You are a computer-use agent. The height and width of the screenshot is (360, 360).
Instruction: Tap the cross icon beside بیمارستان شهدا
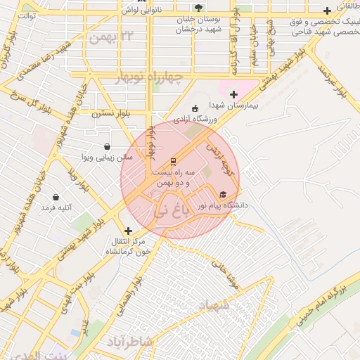tap(234, 94)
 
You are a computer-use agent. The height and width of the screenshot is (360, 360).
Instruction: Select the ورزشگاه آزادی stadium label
tap(195, 119)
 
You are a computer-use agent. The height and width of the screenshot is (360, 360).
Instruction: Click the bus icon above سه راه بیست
tap(174, 162)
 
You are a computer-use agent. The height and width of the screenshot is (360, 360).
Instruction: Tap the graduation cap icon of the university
tap(223, 195)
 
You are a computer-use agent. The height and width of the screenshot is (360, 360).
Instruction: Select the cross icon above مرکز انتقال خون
tap(128, 231)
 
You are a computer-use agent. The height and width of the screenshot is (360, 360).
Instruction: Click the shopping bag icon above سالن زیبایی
tap(107, 147)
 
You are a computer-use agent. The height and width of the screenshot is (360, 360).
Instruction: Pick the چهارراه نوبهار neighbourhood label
tap(148, 77)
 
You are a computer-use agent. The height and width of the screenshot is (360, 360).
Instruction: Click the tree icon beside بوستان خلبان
tap(198, 8)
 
